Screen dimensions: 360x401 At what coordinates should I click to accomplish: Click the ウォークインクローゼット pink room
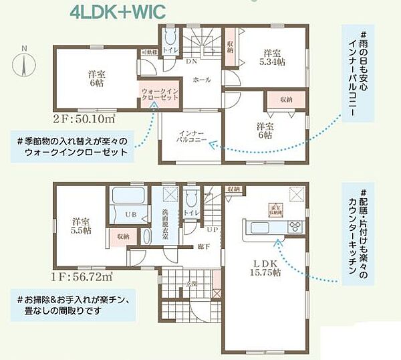(159, 96)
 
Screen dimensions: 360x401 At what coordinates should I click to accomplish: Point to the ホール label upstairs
(201, 80)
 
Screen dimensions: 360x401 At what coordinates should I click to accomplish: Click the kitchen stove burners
(295, 229)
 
